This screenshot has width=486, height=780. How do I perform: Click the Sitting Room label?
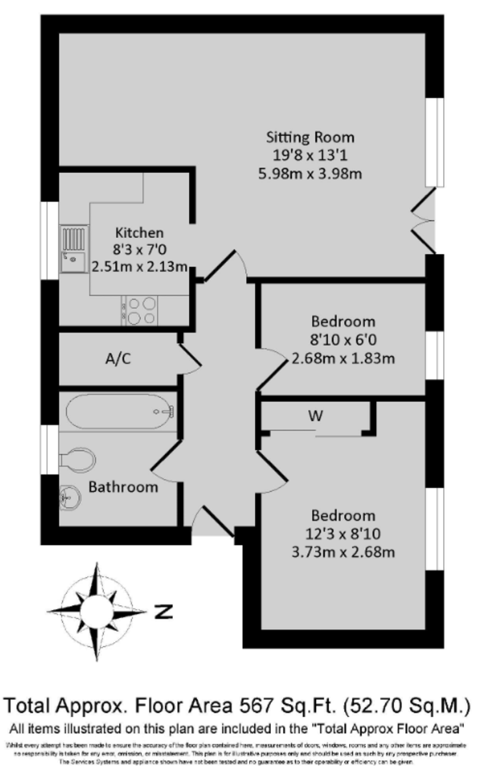pyautogui.click(x=311, y=137)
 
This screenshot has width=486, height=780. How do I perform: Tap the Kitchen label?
pyautogui.click(x=139, y=233)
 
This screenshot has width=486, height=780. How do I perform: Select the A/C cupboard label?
pyautogui.click(x=120, y=359)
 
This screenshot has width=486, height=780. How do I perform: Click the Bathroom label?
pyautogui.click(x=123, y=486)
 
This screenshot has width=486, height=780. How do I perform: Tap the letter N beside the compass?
pyautogui.click(x=165, y=611)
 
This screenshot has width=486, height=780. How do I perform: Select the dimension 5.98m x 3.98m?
pyautogui.click(x=311, y=174)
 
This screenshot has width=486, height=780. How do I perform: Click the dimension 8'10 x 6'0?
pyautogui.click(x=343, y=339)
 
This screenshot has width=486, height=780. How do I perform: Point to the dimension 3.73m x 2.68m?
pyautogui.click(x=344, y=552)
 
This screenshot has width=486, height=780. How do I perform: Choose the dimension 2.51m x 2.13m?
pyautogui.click(x=140, y=266)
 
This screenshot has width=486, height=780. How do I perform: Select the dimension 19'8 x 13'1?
pyautogui.click(x=311, y=155)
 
